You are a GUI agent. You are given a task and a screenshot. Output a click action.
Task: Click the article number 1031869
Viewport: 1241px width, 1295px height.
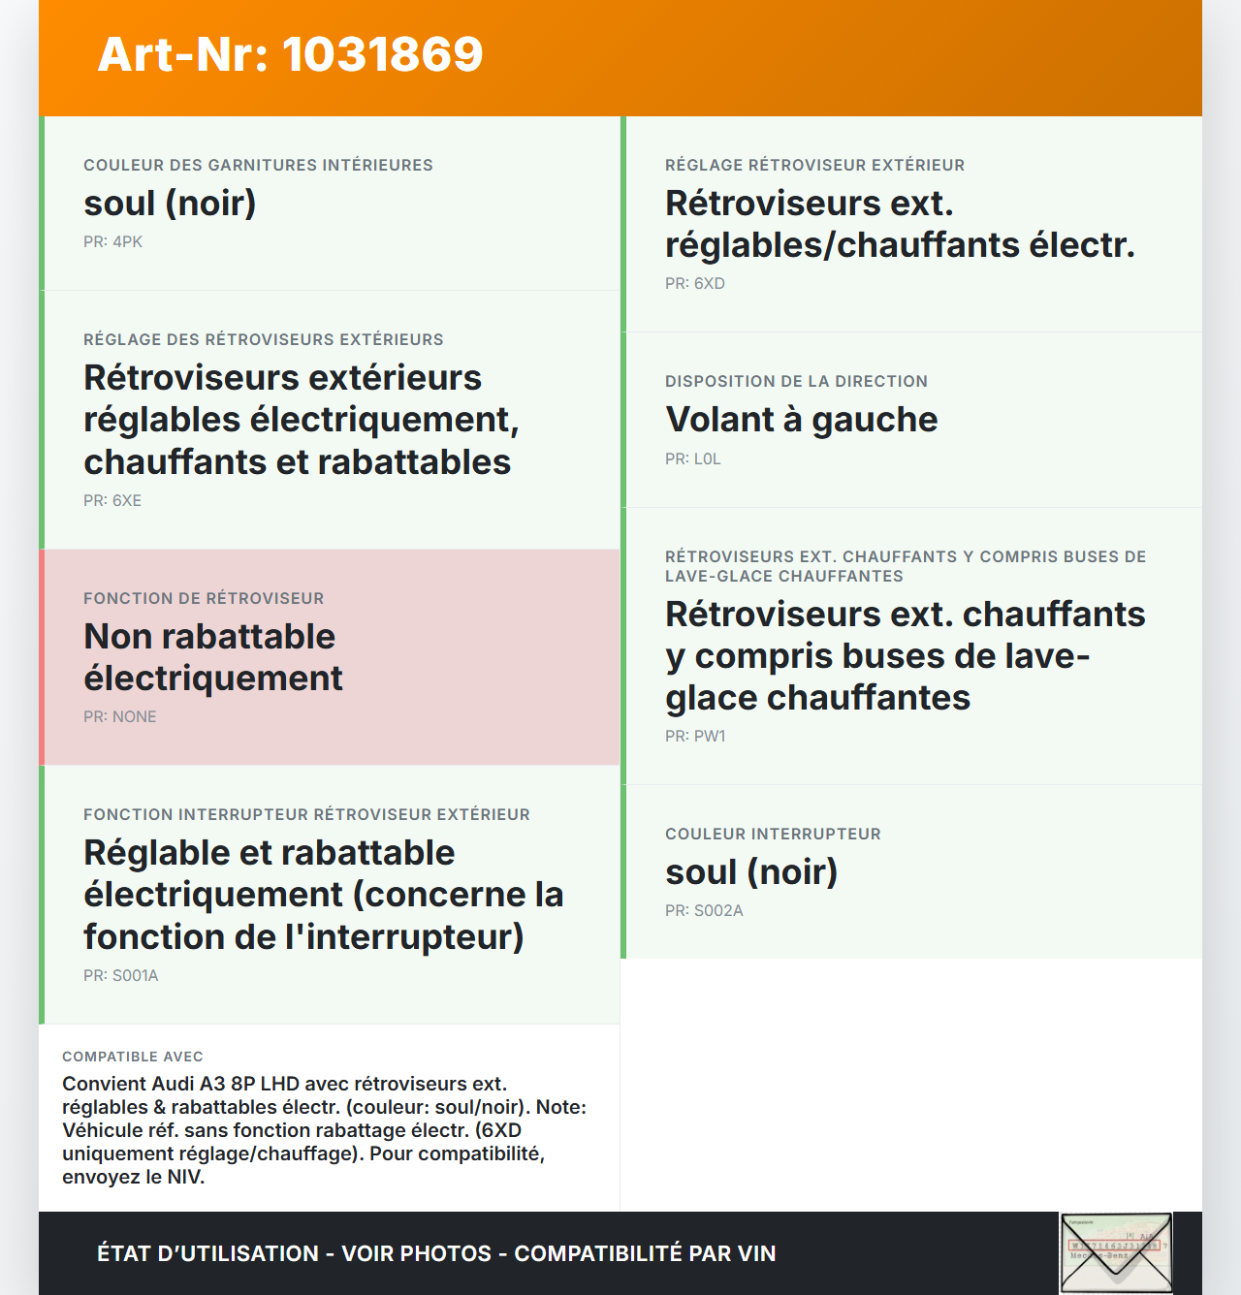click(382, 54)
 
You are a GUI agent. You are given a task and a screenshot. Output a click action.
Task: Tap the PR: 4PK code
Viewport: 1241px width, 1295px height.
click(112, 241)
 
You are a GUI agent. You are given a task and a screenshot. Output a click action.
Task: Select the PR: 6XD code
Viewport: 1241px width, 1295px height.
click(694, 283)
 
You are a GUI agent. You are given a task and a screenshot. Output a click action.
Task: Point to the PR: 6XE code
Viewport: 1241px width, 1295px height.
click(112, 500)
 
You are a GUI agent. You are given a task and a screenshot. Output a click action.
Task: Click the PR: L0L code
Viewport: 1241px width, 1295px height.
click(692, 458)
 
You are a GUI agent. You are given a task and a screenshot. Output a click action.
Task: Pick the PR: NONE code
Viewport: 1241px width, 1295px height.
click(119, 716)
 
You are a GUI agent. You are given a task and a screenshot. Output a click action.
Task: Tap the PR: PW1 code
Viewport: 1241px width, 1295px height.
click(694, 736)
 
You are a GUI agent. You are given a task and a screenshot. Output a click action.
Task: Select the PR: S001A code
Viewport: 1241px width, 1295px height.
click(120, 975)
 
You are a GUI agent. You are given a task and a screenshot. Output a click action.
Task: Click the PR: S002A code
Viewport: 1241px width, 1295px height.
click(704, 910)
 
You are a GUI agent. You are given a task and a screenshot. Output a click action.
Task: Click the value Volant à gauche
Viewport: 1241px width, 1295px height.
click(801, 420)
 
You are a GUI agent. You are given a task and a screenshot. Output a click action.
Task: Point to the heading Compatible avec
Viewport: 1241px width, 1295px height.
click(133, 1057)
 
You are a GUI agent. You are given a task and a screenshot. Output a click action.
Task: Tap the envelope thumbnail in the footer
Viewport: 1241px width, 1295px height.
click(1116, 1252)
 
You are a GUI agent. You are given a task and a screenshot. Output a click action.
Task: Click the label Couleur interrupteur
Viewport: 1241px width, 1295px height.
click(773, 834)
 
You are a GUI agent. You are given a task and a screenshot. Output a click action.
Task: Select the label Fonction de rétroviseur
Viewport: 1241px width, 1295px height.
click(204, 598)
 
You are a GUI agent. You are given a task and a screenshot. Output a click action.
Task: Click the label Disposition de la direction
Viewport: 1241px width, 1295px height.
click(796, 381)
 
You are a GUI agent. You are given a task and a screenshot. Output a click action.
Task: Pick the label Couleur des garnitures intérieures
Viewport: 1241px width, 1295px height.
click(258, 165)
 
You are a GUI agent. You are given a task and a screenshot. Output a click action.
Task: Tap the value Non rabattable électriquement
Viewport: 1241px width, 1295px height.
click(213, 657)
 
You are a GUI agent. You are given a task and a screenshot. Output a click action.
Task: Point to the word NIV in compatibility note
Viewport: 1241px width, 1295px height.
click(184, 1177)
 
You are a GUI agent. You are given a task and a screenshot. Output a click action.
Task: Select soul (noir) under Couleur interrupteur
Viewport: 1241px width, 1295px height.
click(751, 872)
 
